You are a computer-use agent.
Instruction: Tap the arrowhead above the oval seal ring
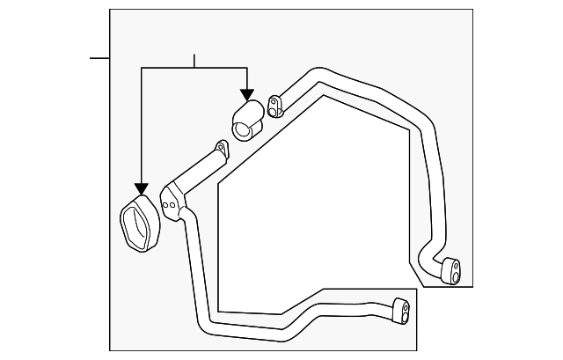[x=141, y=188]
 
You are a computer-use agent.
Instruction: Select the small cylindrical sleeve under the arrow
[x=246, y=121]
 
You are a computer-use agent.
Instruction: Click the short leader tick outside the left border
[x=99, y=58]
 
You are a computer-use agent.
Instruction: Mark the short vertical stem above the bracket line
[x=194, y=61]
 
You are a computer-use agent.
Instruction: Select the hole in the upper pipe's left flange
[x=274, y=108]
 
